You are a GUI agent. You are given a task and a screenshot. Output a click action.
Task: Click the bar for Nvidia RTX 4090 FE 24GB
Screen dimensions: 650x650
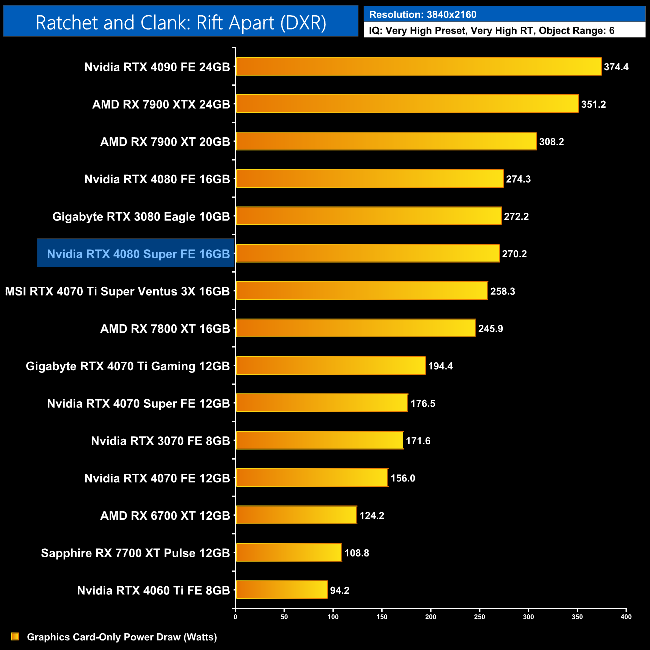point(418,67)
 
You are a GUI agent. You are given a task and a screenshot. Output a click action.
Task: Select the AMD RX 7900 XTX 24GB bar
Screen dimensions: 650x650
point(407,104)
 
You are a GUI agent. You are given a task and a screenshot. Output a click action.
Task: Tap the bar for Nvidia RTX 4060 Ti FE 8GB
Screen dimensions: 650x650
point(281,590)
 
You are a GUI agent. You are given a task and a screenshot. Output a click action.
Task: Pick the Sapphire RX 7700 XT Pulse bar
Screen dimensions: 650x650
point(289,553)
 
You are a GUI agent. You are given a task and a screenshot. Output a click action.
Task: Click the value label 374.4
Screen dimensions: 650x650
point(616,67)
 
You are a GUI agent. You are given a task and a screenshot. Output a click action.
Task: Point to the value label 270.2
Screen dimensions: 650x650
point(514,254)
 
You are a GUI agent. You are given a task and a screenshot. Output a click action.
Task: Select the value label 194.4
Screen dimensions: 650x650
point(440,366)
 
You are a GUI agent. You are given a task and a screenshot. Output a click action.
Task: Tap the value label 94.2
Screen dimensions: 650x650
point(340,591)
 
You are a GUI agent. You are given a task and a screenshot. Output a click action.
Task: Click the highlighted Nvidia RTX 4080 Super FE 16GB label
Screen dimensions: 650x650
point(138,254)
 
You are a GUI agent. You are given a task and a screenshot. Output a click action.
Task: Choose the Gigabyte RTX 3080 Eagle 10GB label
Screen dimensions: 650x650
point(141,217)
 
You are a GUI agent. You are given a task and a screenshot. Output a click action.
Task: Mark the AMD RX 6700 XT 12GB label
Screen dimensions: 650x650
point(165,516)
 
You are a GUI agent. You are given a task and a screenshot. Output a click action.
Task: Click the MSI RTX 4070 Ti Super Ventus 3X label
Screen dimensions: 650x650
point(117,291)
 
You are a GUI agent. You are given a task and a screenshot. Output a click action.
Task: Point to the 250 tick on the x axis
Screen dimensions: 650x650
point(479,617)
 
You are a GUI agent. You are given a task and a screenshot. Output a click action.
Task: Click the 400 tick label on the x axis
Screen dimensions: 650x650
point(626,617)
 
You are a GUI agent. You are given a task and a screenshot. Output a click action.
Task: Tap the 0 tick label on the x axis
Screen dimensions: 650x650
point(235,617)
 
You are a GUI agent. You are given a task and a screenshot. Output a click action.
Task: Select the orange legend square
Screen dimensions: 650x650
point(15,637)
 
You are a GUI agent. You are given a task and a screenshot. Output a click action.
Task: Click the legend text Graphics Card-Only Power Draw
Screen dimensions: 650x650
point(122,637)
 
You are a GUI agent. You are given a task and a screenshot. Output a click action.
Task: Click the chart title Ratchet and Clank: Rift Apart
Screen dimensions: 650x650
point(181,23)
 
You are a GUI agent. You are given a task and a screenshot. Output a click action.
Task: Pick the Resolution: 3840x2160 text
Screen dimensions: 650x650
point(423,15)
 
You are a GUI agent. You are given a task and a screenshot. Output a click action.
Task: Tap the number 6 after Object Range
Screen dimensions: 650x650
point(612,31)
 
